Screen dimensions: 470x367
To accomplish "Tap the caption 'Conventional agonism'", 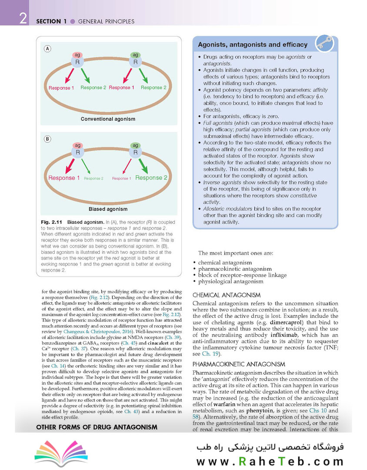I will click(108, 119).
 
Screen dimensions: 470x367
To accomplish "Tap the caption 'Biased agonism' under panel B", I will click(108, 209).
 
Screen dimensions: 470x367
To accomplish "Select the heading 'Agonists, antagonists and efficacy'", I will click(253, 45).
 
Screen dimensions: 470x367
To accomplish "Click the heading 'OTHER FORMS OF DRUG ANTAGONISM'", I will click(97, 427).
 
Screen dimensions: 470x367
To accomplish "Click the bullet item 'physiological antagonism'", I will click(231, 281).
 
